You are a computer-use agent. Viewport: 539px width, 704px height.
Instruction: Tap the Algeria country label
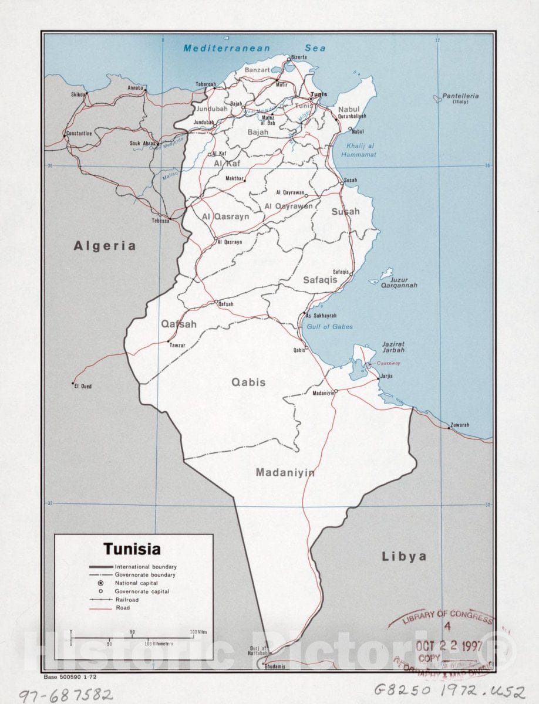(x=105, y=246)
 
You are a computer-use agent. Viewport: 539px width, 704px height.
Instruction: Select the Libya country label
(x=404, y=556)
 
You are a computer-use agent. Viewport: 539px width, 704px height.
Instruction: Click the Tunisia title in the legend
(x=132, y=550)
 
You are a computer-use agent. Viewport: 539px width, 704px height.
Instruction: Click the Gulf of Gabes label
(x=329, y=327)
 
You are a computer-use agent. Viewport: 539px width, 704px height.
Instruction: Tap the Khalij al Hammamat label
(x=361, y=150)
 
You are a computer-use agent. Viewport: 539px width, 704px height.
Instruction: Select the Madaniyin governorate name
(x=285, y=472)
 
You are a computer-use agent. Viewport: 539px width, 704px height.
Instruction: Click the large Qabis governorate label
(x=248, y=383)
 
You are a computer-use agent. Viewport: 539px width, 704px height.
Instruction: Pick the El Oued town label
(x=83, y=387)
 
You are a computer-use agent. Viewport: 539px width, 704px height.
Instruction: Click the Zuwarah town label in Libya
(x=460, y=425)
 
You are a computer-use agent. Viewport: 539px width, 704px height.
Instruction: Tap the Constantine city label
(x=79, y=134)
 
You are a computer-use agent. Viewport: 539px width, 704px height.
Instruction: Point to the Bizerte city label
(x=298, y=57)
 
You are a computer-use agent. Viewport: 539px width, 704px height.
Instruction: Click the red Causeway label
(x=380, y=363)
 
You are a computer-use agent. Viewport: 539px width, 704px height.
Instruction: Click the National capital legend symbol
(x=100, y=583)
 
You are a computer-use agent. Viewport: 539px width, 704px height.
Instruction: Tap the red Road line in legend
(x=100, y=608)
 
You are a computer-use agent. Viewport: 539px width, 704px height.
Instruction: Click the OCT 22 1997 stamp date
(x=449, y=646)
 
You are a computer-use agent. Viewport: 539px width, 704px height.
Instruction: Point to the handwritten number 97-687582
(x=65, y=695)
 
